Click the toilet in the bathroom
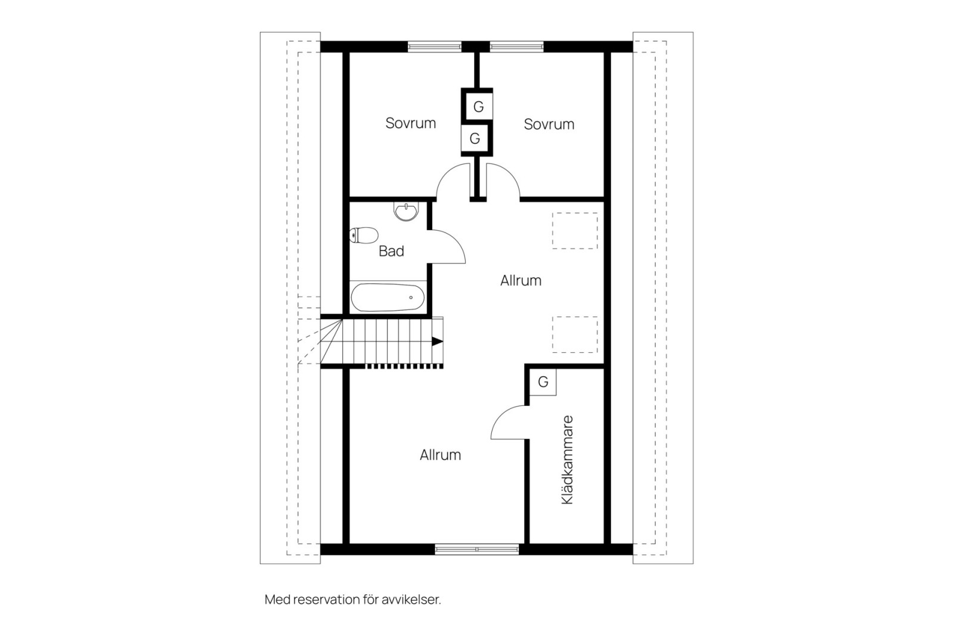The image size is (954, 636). [364, 235]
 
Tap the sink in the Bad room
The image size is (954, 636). [407, 211]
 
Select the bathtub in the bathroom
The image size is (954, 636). [388, 297]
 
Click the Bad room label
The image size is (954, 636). [391, 251]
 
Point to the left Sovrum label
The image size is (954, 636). [410, 123]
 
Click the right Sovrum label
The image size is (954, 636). [549, 125]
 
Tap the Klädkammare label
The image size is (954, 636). [567, 460]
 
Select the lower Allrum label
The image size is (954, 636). [440, 455]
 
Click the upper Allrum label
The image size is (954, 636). [521, 281]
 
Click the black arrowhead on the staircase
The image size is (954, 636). [438, 342]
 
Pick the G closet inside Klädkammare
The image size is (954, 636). [543, 382]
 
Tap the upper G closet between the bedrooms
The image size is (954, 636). [478, 107]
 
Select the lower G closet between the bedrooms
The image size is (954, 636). [475, 139]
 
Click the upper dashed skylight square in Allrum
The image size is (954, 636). [575, 231]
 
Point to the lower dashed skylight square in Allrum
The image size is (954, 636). [575, 334]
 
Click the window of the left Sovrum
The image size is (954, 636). [434, 46]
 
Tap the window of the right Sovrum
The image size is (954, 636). [516, 46]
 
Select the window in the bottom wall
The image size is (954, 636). [477, 549]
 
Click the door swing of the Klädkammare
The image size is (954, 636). [509, 424]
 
